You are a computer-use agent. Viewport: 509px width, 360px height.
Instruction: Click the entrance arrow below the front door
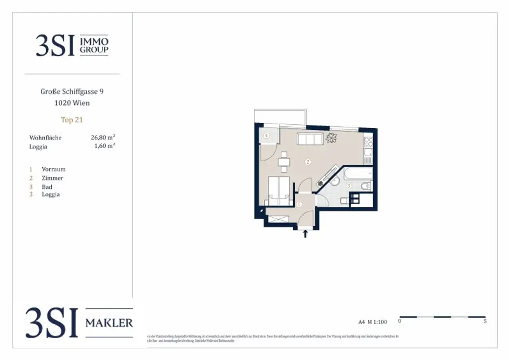[305, 233]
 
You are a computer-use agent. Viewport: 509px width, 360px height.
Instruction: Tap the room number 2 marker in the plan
[308, 162]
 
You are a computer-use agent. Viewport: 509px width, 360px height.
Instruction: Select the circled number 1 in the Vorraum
[299, 204]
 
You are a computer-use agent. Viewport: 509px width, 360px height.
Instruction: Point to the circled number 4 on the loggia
[266, 135]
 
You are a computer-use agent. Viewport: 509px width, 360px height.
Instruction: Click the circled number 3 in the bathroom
[349, 186]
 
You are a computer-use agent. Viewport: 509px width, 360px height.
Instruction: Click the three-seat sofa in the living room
[309, 139]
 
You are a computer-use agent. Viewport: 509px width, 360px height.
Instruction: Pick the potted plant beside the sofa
[332, 138]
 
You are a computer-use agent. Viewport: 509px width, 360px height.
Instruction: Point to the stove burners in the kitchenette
[368, 142]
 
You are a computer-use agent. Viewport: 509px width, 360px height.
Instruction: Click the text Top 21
[72, 120]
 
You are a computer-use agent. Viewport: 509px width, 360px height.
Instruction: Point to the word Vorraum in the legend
[53, 169]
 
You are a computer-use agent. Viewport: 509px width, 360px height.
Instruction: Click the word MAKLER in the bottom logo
[109, 323]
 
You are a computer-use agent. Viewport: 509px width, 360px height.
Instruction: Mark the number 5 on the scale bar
[485, 321]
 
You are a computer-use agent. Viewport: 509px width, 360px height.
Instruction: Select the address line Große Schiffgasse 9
[72, 91]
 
